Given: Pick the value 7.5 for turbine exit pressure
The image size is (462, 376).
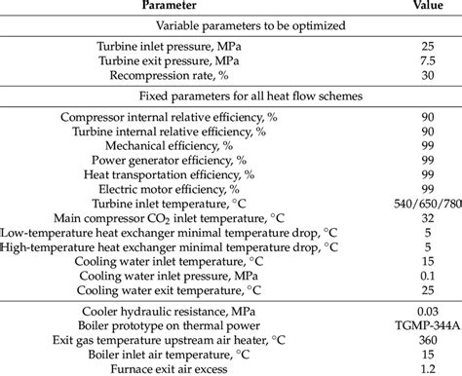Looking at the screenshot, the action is click(399, 59).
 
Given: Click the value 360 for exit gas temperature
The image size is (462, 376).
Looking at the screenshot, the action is click(399, 338).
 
